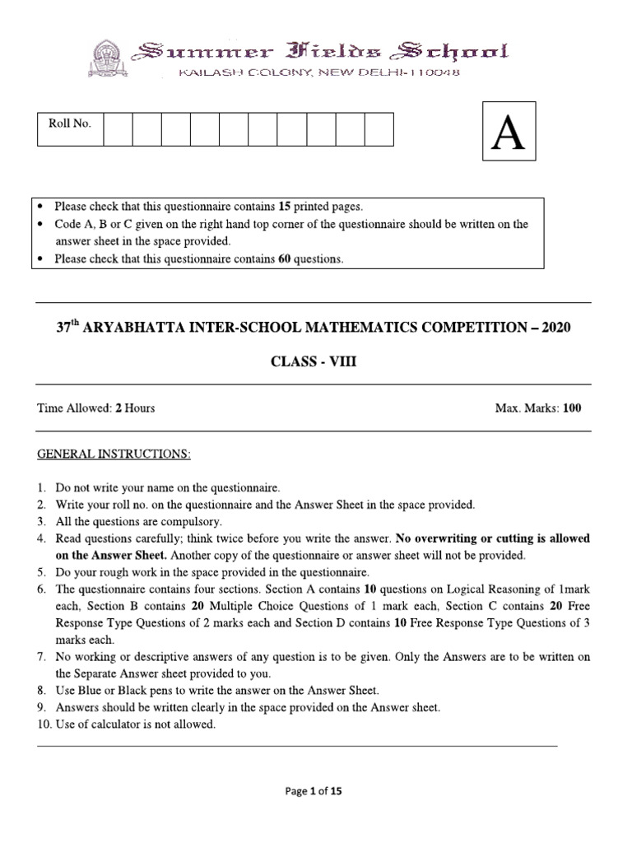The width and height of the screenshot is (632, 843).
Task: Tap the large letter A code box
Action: click(x=508, y=133)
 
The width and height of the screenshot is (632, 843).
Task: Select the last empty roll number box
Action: click(x=379, y=130)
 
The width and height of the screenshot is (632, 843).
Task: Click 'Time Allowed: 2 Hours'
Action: click(x=95, y=408)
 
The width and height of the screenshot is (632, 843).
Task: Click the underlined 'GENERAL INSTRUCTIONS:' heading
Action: click(x=114, y=454)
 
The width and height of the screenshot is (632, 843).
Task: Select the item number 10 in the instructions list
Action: click(x=44, y=724)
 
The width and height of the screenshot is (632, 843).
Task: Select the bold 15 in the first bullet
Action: click(x=284, y=207)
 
